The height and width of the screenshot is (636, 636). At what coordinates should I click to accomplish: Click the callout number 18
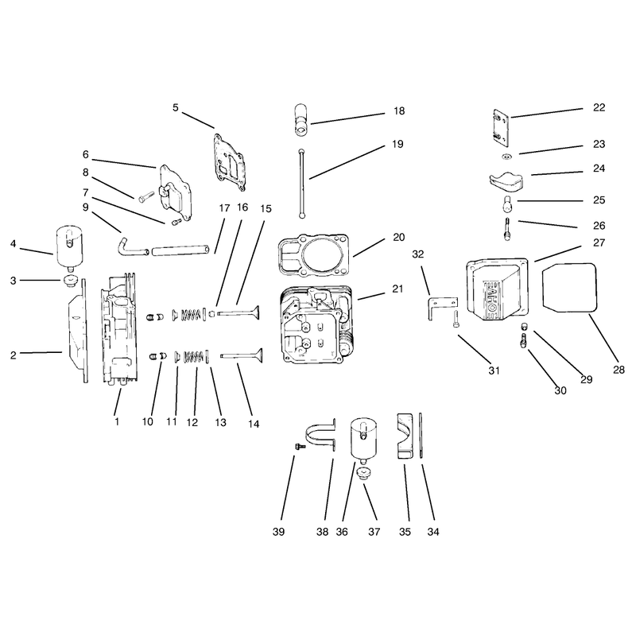click(399, 111)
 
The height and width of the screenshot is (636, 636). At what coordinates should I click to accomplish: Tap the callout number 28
click(619, 370)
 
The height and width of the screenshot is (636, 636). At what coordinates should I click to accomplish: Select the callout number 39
click(279, 532)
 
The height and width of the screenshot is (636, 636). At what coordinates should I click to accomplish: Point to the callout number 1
click(117, 421)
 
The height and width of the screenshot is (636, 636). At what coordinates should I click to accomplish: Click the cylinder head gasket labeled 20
click(312, 256)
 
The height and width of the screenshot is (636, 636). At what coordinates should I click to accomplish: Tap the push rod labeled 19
click(301, 184)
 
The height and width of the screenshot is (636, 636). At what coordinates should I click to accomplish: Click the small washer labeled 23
click(506, 157)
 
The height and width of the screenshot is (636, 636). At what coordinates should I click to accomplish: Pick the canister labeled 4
click(69, 249)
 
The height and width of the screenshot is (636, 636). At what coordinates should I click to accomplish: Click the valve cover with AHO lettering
click(498, 289)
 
